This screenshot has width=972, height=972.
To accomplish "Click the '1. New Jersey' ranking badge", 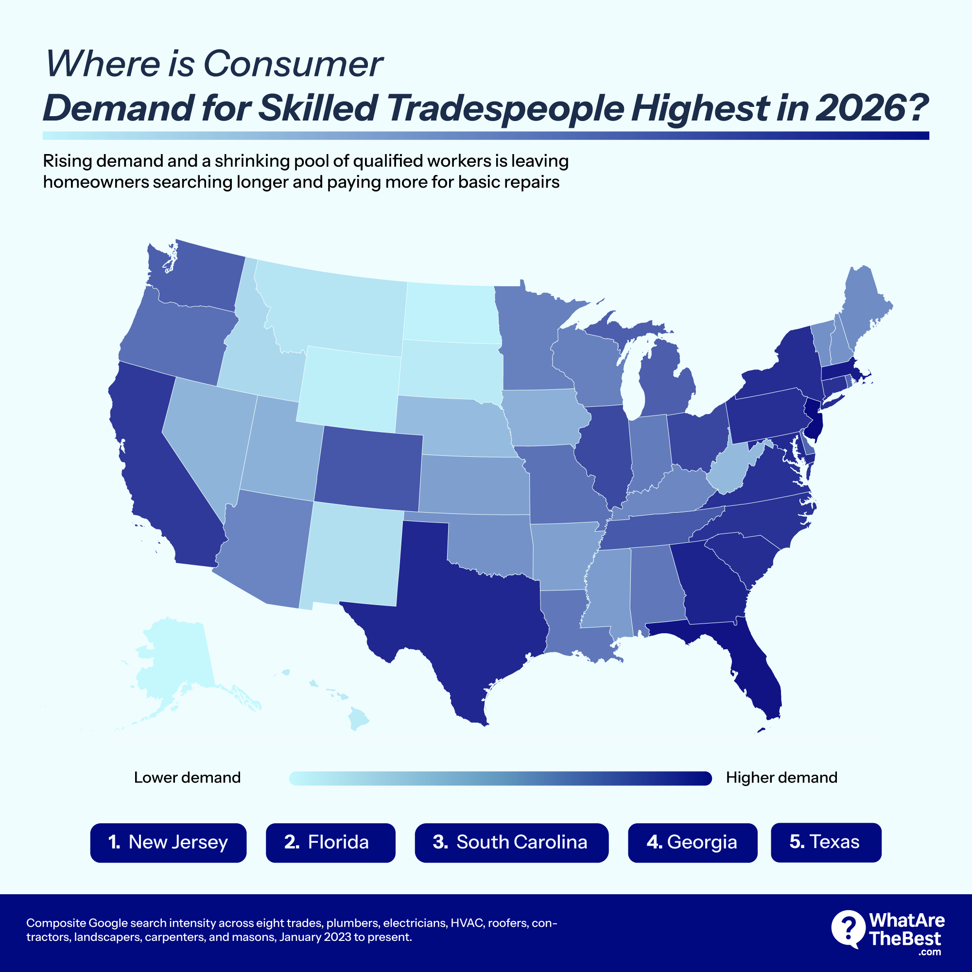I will [168, 842].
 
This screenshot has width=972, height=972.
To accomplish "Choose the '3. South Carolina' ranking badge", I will [511, 842].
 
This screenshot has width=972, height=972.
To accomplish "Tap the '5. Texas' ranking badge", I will [826, 842].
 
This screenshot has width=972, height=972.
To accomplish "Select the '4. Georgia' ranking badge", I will [692, 842].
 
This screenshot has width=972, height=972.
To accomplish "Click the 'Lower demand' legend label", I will [187, 777].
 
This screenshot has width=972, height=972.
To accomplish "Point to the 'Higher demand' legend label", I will [781, 777].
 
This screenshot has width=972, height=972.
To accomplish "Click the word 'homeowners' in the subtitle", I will [96, 182].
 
